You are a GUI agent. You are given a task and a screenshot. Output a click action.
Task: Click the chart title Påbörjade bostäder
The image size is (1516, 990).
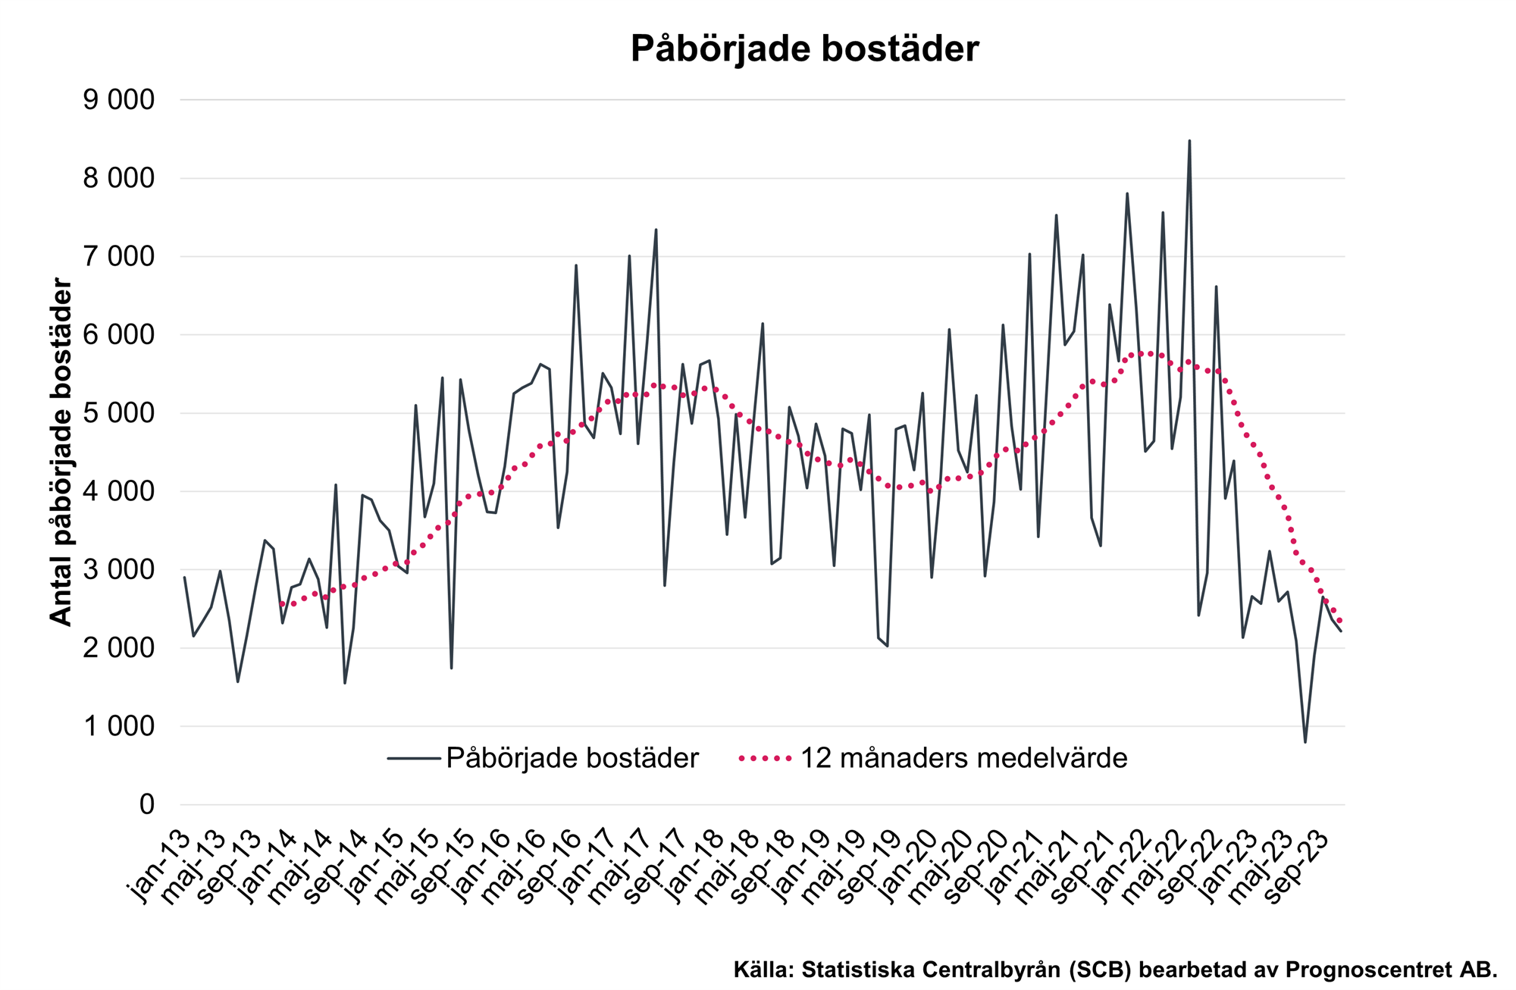coord(804,49)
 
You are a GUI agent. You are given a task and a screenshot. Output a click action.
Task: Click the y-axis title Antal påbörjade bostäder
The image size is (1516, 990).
coord(61,452)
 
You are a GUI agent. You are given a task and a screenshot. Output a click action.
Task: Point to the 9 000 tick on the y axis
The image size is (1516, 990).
coord(118,100)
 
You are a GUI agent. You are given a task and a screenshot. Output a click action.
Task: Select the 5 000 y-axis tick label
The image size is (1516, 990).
coord(118,413)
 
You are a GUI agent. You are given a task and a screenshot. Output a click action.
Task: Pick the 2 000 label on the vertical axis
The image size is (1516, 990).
coord(118,648)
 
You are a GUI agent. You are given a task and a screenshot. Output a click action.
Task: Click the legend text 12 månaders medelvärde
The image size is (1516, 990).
coord(963,758)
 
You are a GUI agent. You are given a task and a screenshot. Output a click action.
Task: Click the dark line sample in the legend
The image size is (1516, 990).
coord(413,758)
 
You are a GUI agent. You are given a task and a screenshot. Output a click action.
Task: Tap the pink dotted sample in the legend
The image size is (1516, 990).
coord(766,758)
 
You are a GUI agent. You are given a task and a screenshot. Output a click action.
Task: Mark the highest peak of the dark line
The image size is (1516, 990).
coord(1189,141)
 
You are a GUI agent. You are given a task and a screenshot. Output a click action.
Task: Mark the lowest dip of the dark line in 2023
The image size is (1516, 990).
coord(1305,741)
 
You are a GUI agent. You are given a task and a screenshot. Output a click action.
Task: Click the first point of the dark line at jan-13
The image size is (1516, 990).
coord(184,578)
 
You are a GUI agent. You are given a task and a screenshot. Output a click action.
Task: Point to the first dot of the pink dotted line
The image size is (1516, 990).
coord(282,604)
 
